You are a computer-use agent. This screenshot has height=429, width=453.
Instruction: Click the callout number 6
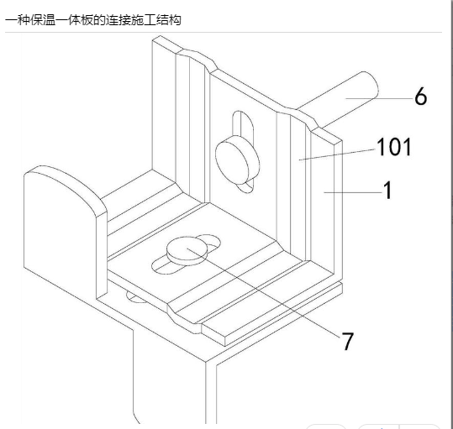pos(420,96)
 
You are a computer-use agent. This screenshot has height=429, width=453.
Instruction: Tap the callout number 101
pos(394,147)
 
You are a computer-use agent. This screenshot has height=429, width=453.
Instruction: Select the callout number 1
pos(387,190)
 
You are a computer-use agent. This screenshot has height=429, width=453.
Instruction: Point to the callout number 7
pos(347,341)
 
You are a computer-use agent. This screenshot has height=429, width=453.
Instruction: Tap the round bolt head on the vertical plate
pos(237,160)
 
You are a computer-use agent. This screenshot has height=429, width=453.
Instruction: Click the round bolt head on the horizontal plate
pos(187,250)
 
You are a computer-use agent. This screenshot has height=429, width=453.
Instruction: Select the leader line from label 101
pos(337,154)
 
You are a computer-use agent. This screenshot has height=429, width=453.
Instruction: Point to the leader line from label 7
pos(264,292)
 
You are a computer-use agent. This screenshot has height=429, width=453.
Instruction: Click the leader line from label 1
pos(352,192)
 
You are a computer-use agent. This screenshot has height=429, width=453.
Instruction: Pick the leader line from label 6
pos(379,98)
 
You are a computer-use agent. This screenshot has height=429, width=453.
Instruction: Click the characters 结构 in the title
pos(168,20)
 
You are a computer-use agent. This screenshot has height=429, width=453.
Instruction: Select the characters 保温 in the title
pos(43,20)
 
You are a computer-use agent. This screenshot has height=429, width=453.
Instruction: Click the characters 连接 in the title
pos(119,20)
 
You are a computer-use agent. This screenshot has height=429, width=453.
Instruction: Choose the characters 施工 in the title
pos(143,20)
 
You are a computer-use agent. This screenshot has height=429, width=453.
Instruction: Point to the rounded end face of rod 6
pos(369,85)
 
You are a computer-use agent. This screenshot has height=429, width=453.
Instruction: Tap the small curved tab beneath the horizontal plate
pos(136,297)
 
